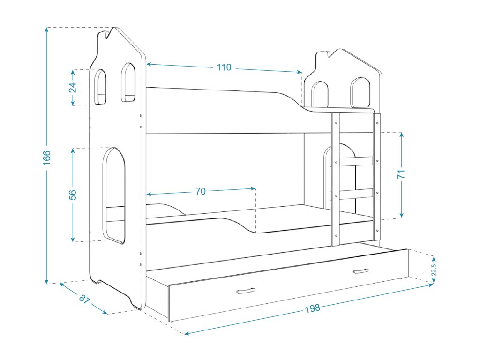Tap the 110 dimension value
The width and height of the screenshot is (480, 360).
(x=224, y=67)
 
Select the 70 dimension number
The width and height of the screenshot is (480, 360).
(x=201, y=191)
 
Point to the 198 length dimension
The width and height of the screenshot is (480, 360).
(x=312, y=308)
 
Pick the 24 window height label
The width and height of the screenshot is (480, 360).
(x=73, y=88)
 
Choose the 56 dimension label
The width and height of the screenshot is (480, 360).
(x=73, y=195)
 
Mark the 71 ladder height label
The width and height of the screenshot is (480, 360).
(x=402, y=174)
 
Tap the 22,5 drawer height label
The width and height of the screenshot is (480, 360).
(x=434, y=270)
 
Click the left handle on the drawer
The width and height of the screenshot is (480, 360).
(x=246, y=291)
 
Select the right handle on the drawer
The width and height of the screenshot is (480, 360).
(x=360, y=271)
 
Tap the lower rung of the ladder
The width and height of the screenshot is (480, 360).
(x=356, y=194)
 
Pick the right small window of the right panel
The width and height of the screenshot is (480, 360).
(x=360, y=92)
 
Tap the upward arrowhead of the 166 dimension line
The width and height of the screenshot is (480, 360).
(x=47, y=30)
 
